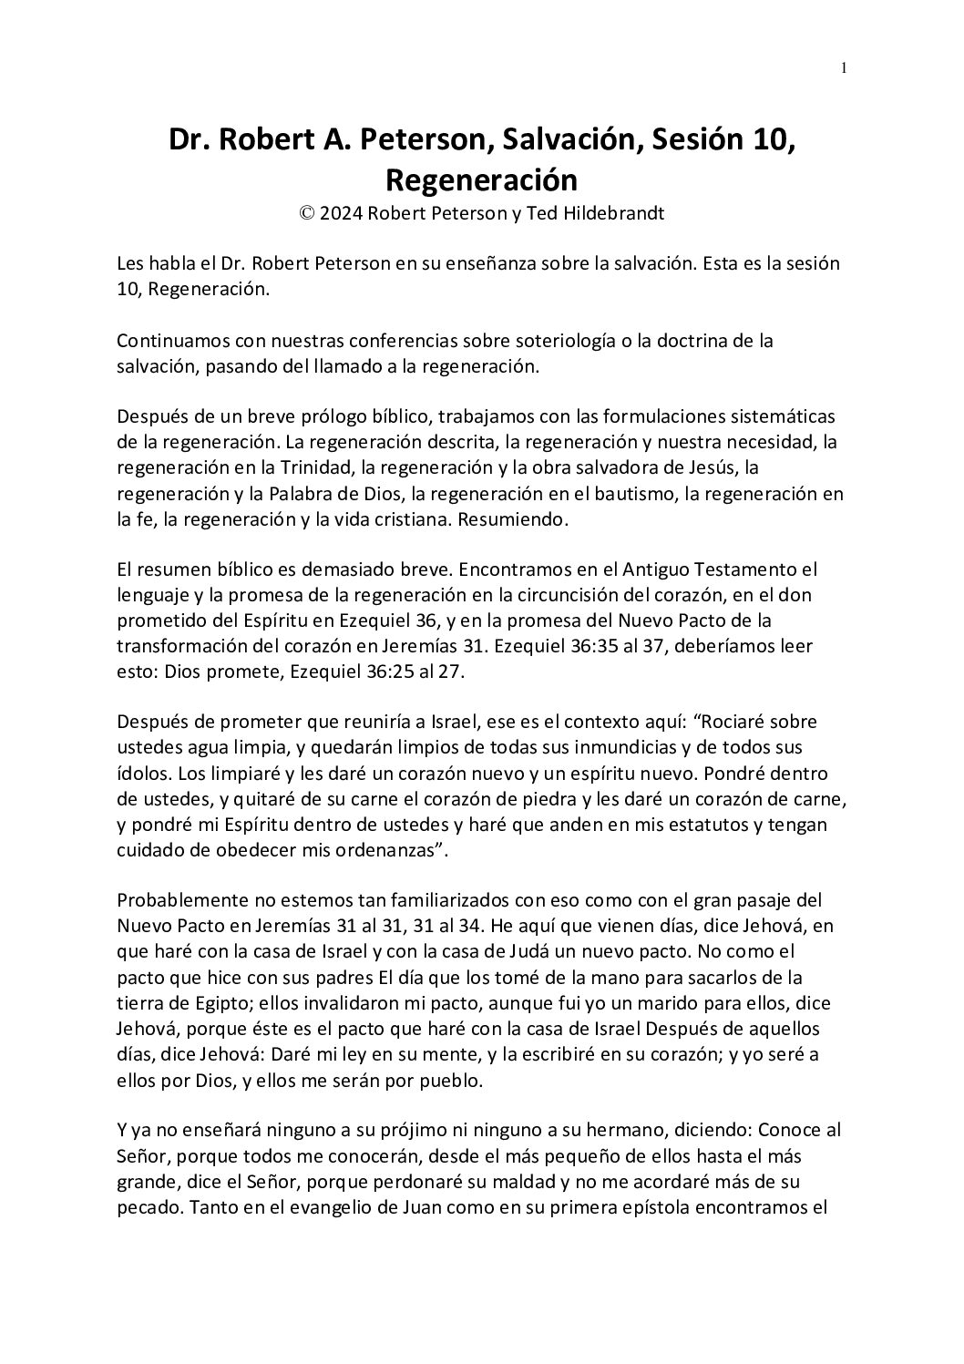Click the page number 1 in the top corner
tap(845, 67)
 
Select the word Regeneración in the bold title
tap(481, 179)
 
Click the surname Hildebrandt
tap(614, 214)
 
